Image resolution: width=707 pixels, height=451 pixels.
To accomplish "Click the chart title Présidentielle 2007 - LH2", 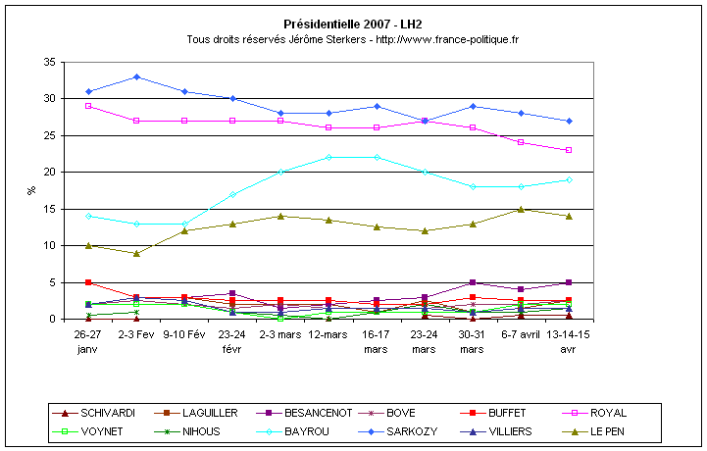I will tap(353, 24).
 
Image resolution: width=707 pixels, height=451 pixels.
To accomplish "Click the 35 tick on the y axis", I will tap(47, 62).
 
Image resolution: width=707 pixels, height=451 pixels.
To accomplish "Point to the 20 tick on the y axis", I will tap(47, 172).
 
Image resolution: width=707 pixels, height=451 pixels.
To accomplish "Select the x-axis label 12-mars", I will tap(328, 333).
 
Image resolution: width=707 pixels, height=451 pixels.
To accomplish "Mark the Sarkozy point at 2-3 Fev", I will tap(136, 76).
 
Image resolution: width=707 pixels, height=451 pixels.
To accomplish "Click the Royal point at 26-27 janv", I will tap(88, 106).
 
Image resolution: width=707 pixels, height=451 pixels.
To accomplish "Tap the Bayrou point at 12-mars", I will tap(328, 157).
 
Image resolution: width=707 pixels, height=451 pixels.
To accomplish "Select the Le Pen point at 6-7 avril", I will tap(521, 209).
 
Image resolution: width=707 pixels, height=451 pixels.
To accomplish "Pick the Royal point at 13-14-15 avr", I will tap(569, 150).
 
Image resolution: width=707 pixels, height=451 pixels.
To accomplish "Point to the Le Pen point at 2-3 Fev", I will tap(136, 253).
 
